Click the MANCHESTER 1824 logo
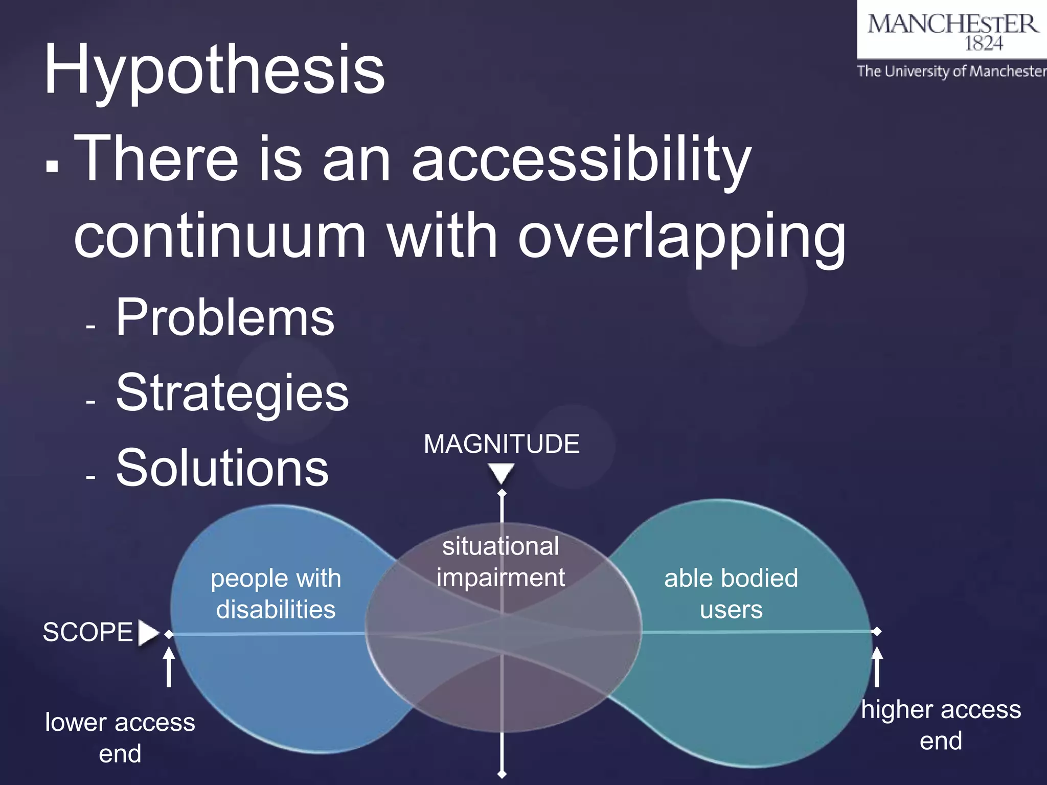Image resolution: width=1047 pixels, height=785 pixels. (x=952, y=31)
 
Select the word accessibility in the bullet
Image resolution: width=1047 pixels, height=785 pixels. (x=581, y=159)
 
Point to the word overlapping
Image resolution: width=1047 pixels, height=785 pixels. (x=681, y=237)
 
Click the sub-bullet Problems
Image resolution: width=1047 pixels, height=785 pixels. (x=225, y=317)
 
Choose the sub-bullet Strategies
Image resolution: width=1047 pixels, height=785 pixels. (x=233, y=392)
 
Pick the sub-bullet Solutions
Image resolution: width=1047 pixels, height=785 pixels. (x=222, y=468)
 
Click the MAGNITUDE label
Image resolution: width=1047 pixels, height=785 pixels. (x=502, y=444)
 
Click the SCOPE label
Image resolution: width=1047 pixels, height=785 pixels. (x=87, y=632)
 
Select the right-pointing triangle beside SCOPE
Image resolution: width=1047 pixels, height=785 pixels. (x=148, y=633)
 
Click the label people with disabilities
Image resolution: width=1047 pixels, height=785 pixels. (x=276, y=594)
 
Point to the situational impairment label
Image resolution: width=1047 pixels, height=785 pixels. (x=500, y=562)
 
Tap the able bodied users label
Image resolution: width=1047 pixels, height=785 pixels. (x=731, y=594)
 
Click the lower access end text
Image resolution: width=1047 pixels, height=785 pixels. (x=120, y=737)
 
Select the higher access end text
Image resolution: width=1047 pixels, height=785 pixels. (x=941, y=725)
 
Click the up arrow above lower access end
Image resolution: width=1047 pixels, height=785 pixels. (x=169, y=667)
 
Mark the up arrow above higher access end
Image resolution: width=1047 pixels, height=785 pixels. (x=877, y=667)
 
